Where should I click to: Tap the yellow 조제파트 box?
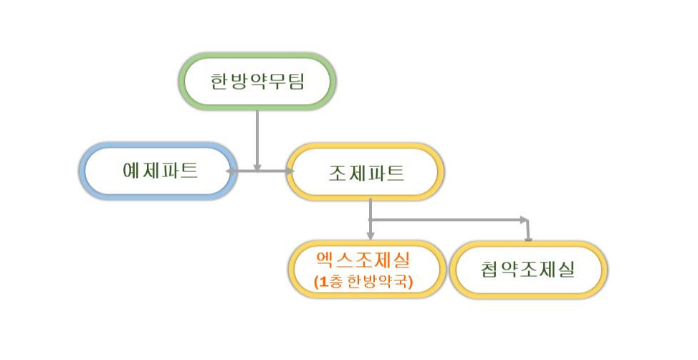tap(365, 171)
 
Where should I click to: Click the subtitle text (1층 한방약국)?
tap(364, 281)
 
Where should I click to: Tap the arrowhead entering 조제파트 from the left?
tap(290, 171)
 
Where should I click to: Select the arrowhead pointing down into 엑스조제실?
tap(370, 235)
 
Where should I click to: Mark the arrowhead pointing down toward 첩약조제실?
tap(527, 236)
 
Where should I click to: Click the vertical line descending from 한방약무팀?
tap(257, 136)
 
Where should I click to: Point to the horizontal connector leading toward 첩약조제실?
tap(448, 218)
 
